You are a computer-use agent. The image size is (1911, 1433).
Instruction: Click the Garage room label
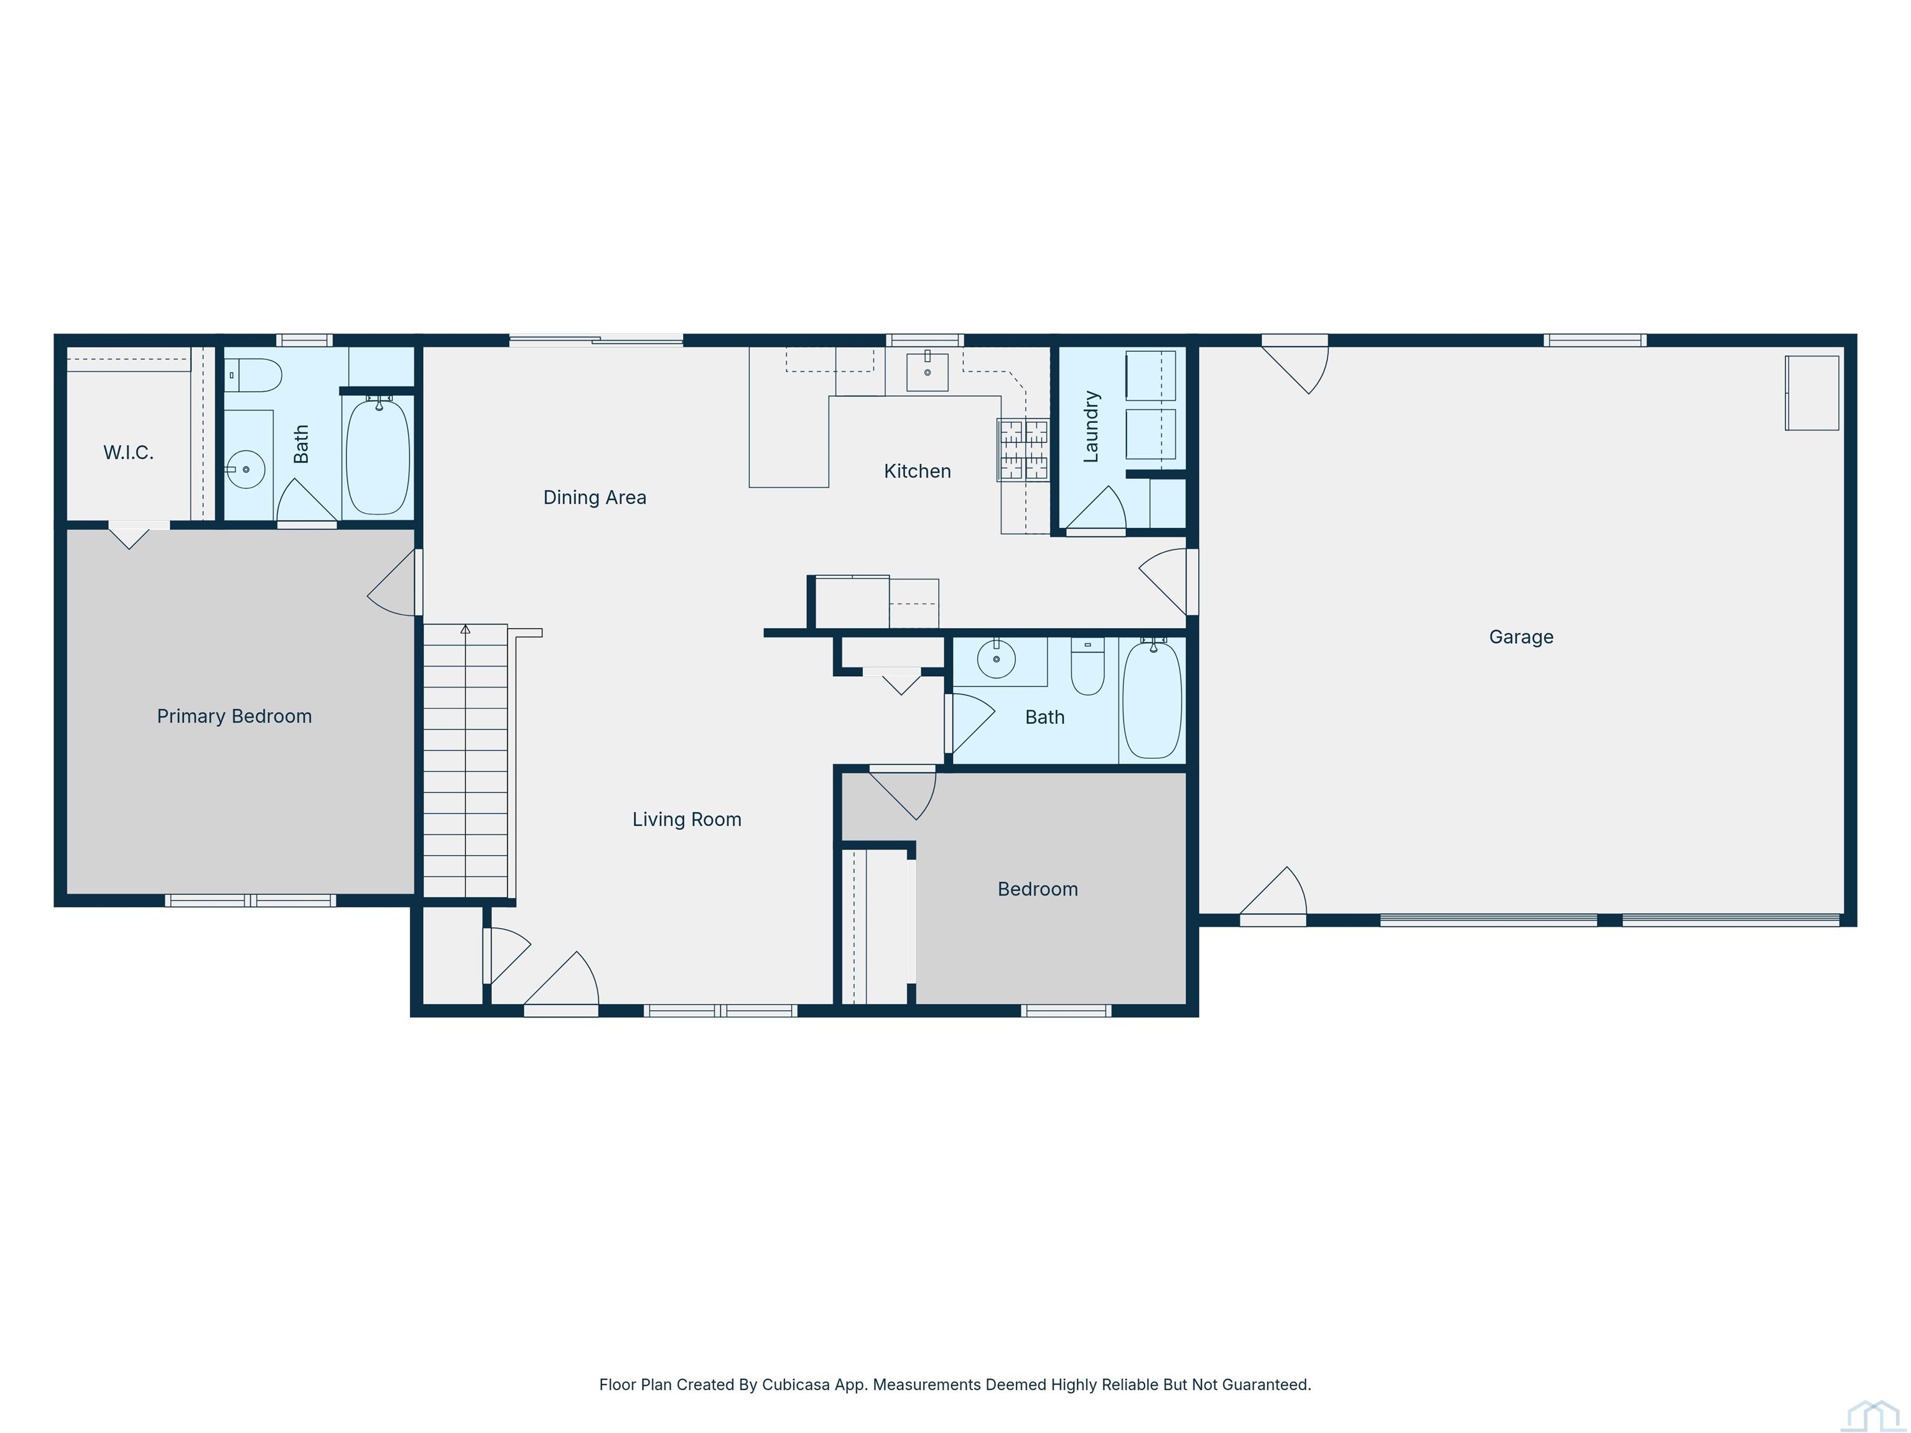[1520, 638]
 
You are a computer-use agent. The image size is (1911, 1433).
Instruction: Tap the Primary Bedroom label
[234, 716]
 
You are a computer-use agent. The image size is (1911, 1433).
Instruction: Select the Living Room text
[687, 820]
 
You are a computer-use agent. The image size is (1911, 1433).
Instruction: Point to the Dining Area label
[594, 498]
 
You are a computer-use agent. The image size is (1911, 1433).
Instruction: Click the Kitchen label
[918, 471]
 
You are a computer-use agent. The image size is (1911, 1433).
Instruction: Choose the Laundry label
[1091, 427]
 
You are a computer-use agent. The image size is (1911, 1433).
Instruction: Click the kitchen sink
[927, 371]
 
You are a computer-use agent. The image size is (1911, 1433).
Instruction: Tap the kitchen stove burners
[1024, 449]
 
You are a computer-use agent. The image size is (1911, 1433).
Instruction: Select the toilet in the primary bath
[253, 376]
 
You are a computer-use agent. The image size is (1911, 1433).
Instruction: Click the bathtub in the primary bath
[378, 456]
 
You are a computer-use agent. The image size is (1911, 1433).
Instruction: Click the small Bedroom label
[1038, 889]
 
